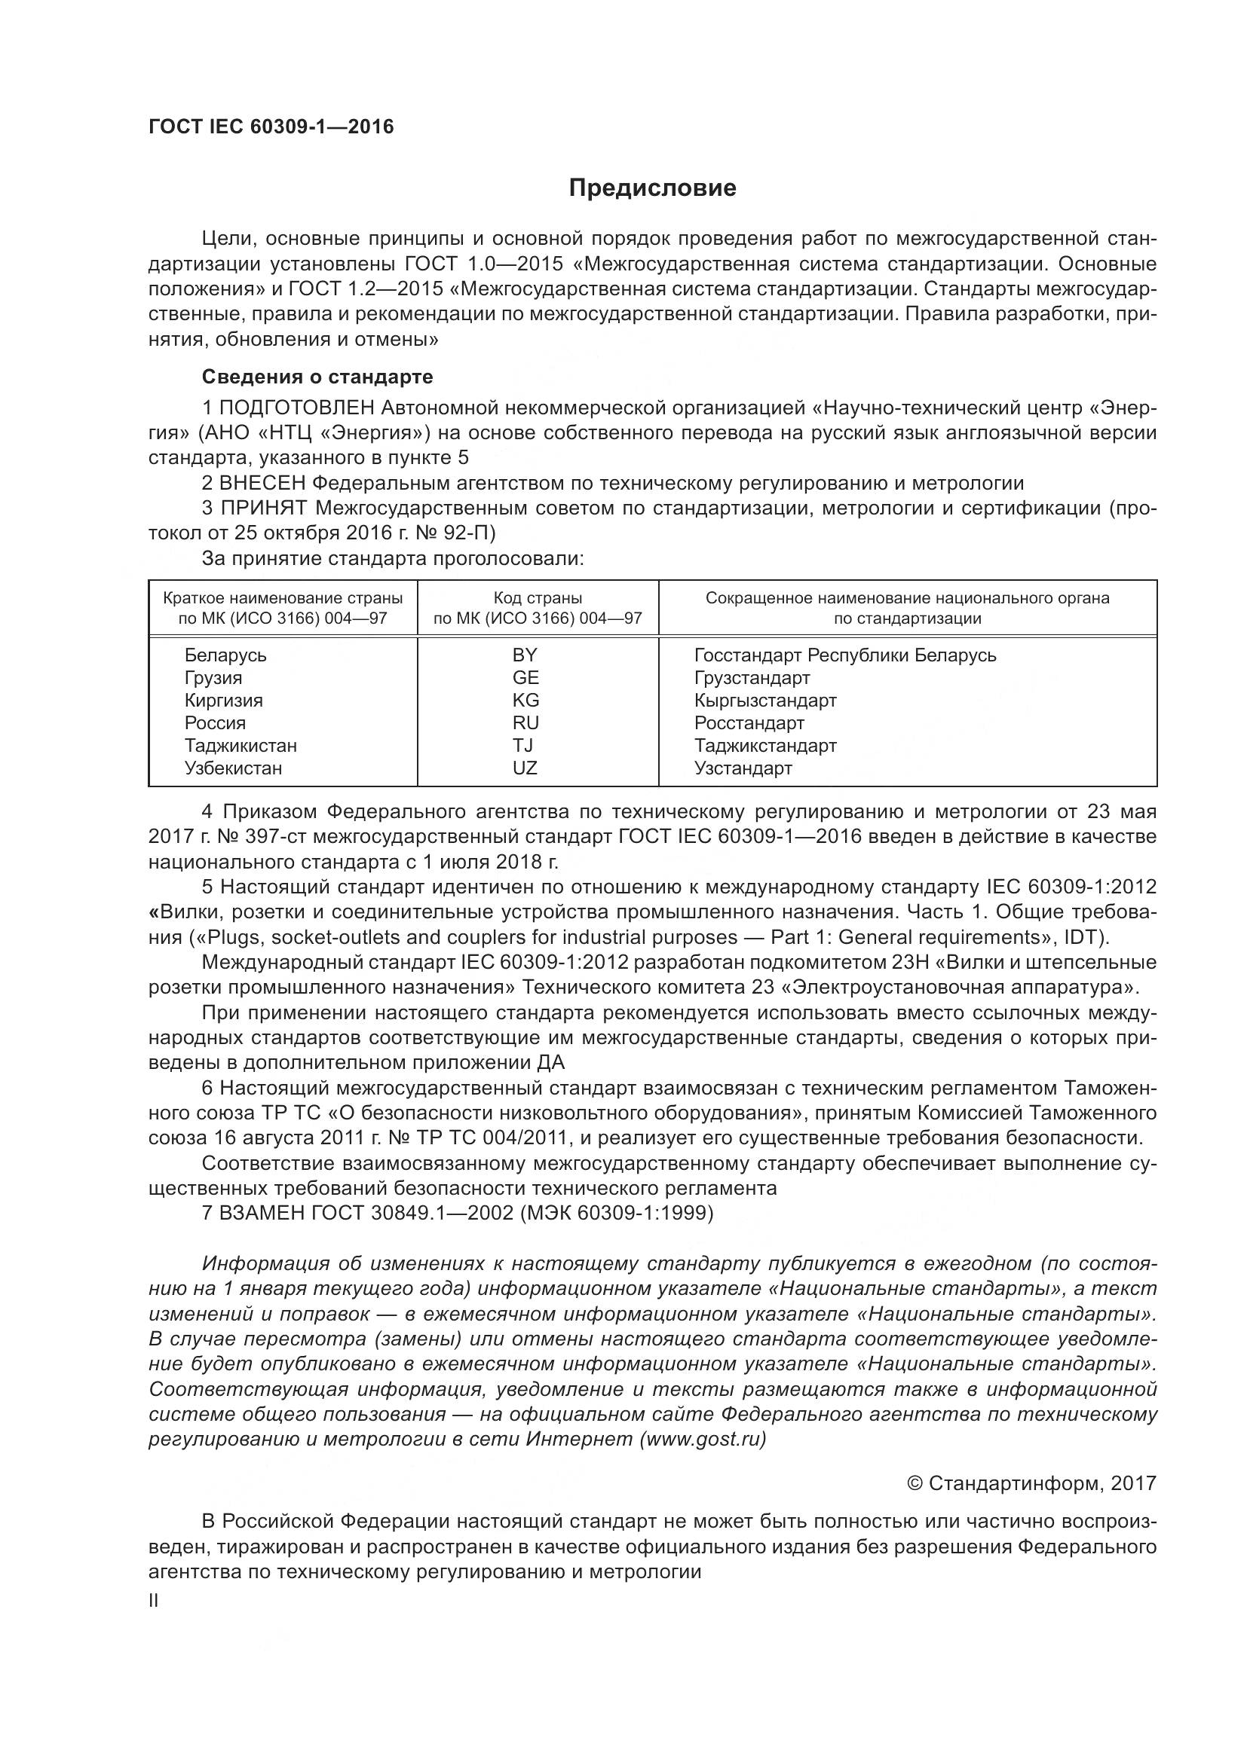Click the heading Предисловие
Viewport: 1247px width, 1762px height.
pyautogui.click(x=652, y=188)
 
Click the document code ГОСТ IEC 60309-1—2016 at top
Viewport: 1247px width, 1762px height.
pyautogui.click(x=271, y=127)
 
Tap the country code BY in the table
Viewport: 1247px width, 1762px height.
pyautogui.click(x=525, y=655)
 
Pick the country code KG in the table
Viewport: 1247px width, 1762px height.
pyautogui.click(x=526, y=701)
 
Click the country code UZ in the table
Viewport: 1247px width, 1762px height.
pyautogui.click(x=525, y=768)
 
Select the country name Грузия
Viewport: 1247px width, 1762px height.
pyautogui.click(x=213, y=679)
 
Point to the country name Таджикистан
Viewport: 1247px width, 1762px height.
pyautogui.click(x=241, y=746)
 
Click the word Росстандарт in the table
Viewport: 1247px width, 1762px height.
pyautogui.click(x=749, y=724)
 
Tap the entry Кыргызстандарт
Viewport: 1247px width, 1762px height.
pyautogui.click(x=765, y=701)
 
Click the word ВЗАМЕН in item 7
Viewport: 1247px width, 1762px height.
pyautogui.click(x=262, y=1214)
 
